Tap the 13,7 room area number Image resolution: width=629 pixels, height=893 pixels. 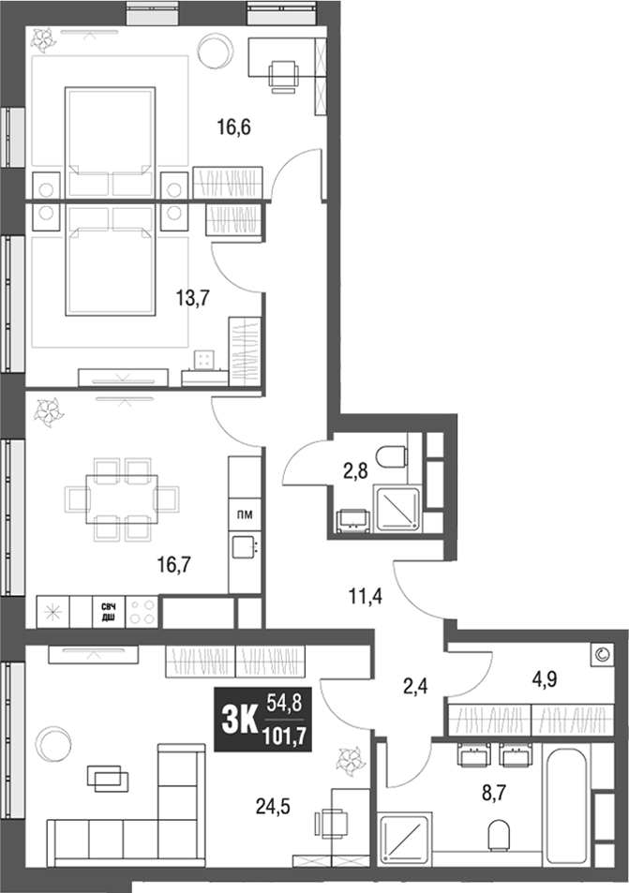pyautogui.click(x=192, y=299)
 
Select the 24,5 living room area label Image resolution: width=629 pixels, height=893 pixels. pyautogui.click(x=274, y=803)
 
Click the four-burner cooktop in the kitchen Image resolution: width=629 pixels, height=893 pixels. pyautogui.click(x=142, y=612)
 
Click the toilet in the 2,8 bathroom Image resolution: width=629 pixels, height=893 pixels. pyautogui.click(x=392, y=457)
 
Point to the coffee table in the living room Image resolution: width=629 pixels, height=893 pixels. pyautogui.click(x=110, y=777)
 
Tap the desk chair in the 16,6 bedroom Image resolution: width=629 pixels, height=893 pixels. pyautogui.click(x=283, y=76)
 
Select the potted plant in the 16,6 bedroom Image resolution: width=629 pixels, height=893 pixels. pyautogui.click(x=45, y=38)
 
